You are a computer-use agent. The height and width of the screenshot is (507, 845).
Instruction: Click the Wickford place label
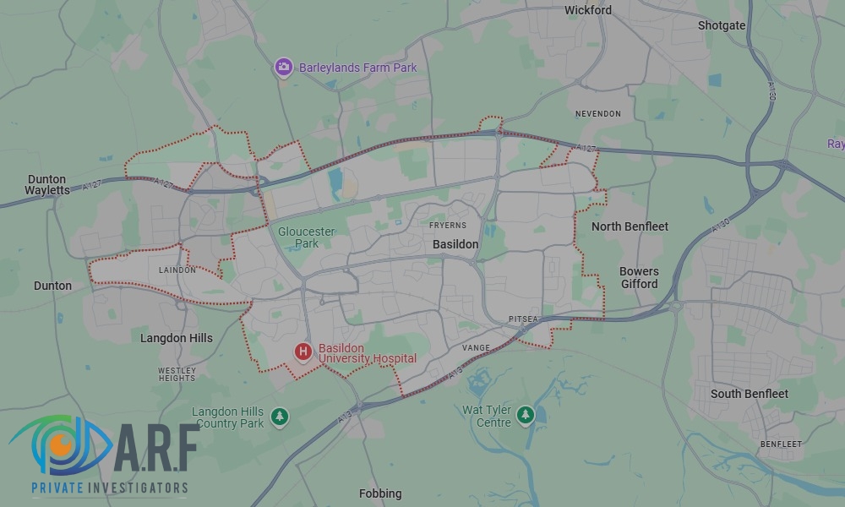tap(587, 10)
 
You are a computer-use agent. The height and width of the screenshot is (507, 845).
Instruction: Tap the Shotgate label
tap(722, 25)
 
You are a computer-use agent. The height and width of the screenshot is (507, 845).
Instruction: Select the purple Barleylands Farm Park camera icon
tap(284, 67)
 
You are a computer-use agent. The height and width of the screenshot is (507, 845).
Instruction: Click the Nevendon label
tap(597, 114)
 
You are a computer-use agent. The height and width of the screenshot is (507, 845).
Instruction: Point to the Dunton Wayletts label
tap(47, 184)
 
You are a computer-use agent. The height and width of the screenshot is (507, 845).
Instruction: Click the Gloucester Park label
tap(307, 237)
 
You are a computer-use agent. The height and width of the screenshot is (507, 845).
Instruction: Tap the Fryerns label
tap(447, 226)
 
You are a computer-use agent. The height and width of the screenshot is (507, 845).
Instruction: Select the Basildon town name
tap(455, 244)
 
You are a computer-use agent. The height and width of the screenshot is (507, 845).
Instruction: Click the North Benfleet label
tap(630, 226)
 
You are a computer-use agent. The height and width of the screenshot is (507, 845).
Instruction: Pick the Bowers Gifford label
tap(639, 278)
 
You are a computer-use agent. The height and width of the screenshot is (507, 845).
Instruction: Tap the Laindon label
tap(177, 270)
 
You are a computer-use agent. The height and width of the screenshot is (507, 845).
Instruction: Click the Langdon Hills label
tap(177, 338)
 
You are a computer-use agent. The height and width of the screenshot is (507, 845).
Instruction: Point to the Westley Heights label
tap(177, 373)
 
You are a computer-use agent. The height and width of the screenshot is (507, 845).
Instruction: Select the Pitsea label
tap(523, 319)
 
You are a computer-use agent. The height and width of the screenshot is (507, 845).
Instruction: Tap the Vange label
tap(476, 347)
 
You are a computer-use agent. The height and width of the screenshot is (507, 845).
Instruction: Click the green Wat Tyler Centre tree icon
tap(526, 415)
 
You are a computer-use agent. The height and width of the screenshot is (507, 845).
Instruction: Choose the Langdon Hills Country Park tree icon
tap(280, 417)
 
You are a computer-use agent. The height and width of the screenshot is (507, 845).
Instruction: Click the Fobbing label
tap(380, 493)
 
